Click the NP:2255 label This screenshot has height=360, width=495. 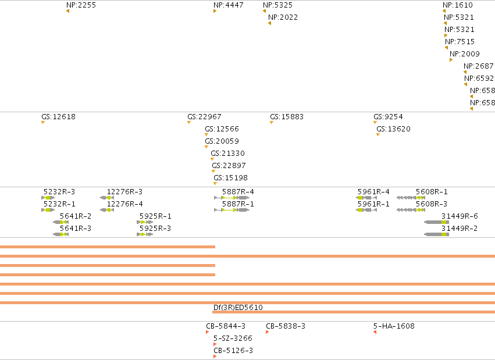pyautogui.click(x=81, y=5)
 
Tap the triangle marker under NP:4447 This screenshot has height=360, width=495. pyautogui.click(x=215, y=12)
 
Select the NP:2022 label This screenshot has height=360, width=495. pyautogui.click(x=283, y=17)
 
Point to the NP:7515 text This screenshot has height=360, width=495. pyautogui.click(x=460, y=42)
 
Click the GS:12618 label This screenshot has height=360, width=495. pyautogui.click(x=58, y=117)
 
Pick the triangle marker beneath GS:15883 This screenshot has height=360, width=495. pyautogui.click(x=272, y=122)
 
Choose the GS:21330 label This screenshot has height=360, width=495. pyautogui.click(x=227, y=154)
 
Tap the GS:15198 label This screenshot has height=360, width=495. pyautogui.click(x=230, y=178)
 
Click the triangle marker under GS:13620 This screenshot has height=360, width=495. pyautogui.click(x=378, y=135)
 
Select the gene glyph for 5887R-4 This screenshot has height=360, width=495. pyautogui.click(x=232, y=198)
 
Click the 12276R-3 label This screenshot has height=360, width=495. pyautogui.click(x=124, y=192)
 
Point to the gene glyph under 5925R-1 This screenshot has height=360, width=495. pyautogui.click(x=145, y=222)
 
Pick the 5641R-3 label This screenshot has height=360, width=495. pyautogui.click(x=76, y=229)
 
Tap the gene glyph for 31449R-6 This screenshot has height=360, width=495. pyautogui.click(x=436, y=222)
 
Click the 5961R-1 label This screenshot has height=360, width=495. pyautogui.click(x=373, y=204)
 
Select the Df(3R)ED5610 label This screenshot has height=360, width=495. pyautogui.click(x=238, y=308)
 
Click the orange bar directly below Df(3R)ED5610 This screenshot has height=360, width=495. pyautogui.click(x=354, y=312)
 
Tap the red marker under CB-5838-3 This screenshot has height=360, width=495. pyautogui.click(x=268, y=332)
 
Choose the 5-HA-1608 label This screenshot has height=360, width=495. pyautogui.click(x=394, y=326)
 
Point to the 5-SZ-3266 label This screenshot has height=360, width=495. pyautogui.click(x=233, y=338)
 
